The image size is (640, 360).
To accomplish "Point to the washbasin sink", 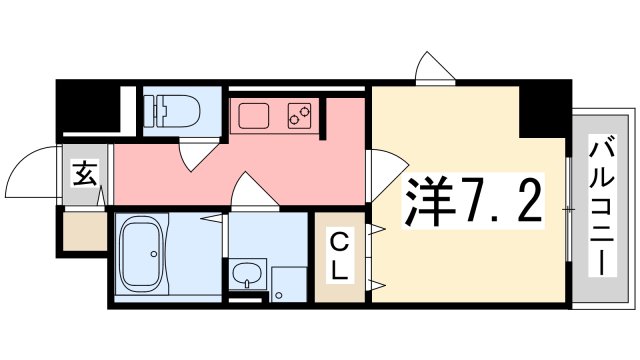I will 245,273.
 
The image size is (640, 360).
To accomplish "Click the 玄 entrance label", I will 85,175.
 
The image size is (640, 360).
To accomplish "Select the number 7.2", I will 501,203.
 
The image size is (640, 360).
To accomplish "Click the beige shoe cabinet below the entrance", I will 85,231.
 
